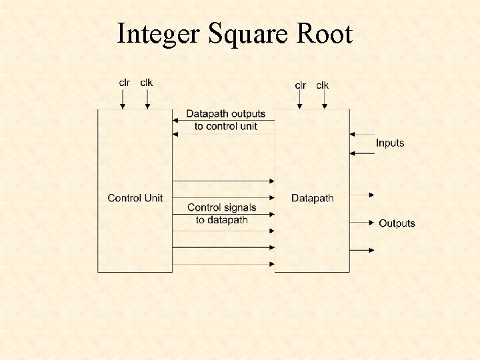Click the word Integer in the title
(157, 33)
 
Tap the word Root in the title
(325, 33)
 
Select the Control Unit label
(135, 198)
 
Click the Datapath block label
(312, 198)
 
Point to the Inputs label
(389, 143)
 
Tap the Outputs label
(397, 223)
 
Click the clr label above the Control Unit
(124, 83)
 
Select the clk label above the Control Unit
(146, 83)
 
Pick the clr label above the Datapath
(301, 85)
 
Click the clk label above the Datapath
(323, 85)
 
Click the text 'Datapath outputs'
(225, 114)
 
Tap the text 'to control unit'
(225, 126)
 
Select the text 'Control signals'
(221, 208)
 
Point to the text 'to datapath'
(221, 220)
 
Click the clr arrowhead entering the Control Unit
(123, 105)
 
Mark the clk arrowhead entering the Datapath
(325, 105)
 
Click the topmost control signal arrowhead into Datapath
(272, 181)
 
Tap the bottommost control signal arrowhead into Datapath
(272, 264)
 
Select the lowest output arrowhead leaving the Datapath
(372, 250)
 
